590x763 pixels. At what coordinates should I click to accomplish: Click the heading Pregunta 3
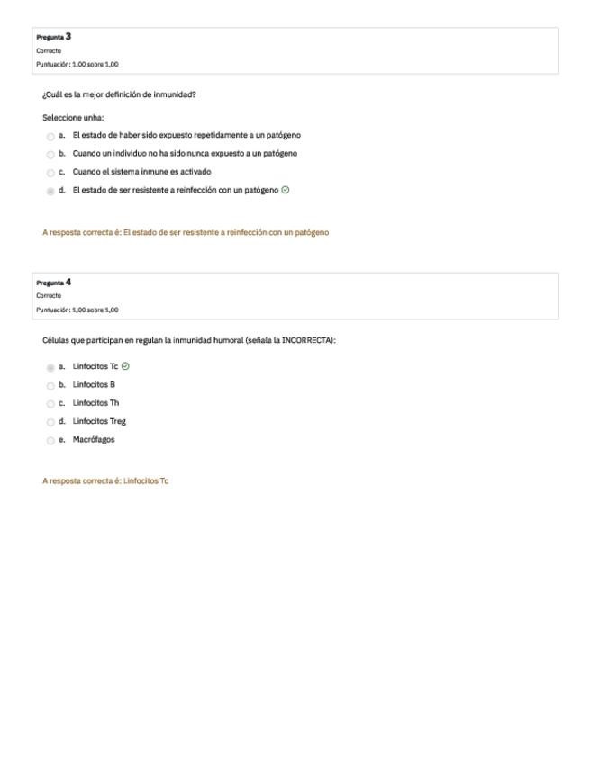(x=54, y=37)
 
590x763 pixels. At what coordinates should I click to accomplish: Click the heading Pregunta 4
(x=54, y=283)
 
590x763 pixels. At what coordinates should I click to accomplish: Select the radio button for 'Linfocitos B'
(x=50, y=385)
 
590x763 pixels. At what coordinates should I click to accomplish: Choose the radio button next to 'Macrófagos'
(x=50, y=441)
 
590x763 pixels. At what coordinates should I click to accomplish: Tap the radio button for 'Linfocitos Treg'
(x=50, y=422)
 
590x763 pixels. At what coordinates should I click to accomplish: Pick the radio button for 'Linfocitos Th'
(x=50, y=404)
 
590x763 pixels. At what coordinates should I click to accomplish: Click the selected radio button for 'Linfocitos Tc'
(x=50, y=367)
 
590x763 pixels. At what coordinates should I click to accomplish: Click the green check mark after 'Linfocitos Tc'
(x=125, y=366)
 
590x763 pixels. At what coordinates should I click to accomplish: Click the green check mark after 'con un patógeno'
(x=286, y=190)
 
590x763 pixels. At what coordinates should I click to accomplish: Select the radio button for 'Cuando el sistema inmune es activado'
(x=50, y=173)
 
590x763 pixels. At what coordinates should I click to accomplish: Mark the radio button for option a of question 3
(x=50, y=136)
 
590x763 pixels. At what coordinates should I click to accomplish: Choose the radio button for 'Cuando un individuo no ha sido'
(x=50, y=154)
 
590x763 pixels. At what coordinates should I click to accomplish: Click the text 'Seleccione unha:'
(x=73, y=117)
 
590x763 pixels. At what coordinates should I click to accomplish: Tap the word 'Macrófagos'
(x=94, y=440)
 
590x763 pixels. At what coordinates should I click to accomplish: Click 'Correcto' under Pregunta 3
(x=49, y=51)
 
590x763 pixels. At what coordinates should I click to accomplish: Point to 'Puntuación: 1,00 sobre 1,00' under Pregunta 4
(x=77, y=310)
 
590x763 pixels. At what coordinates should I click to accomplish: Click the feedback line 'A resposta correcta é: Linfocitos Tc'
(x=105, y=481)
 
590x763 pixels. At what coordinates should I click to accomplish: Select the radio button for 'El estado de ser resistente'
(x=50, y=191)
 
